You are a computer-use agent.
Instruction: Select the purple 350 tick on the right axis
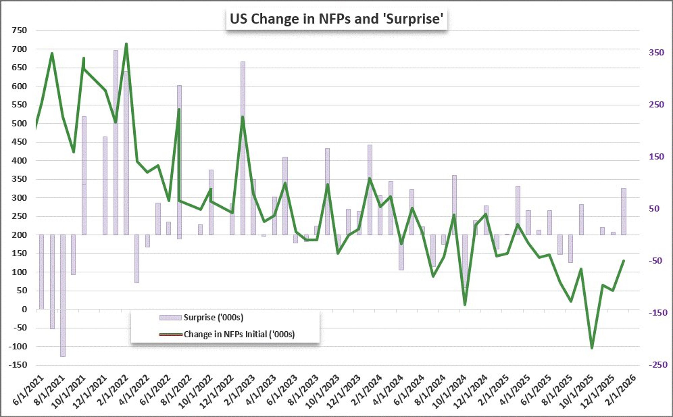656,52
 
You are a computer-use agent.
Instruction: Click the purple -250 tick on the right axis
656,365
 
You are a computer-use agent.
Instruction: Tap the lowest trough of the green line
592,348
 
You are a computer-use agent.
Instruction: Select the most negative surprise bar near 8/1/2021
63,295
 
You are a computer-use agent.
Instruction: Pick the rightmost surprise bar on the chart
623,211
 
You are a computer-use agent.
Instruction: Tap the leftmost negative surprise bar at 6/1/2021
41,272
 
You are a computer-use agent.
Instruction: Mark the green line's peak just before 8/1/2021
52,53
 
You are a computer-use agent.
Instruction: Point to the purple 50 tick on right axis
656,209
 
